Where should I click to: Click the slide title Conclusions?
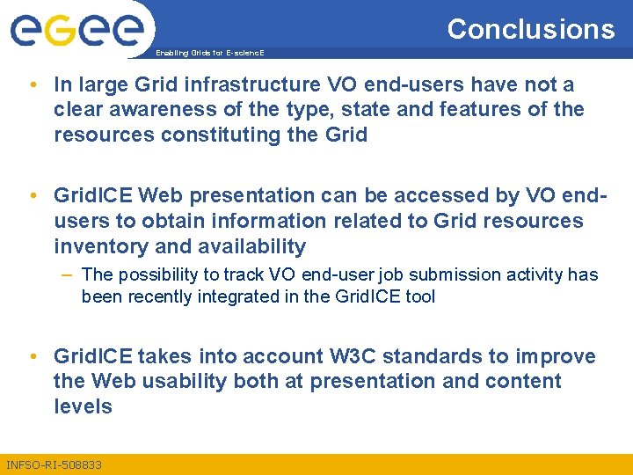[531, 29]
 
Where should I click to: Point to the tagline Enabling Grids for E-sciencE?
[209, 54]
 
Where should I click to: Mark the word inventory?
[98, 246]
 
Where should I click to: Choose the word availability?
[244, 246]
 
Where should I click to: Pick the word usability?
[184, 382]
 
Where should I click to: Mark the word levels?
[83, 406]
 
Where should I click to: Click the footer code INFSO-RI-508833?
[54, 464]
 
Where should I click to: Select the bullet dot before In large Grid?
[33, 85]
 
